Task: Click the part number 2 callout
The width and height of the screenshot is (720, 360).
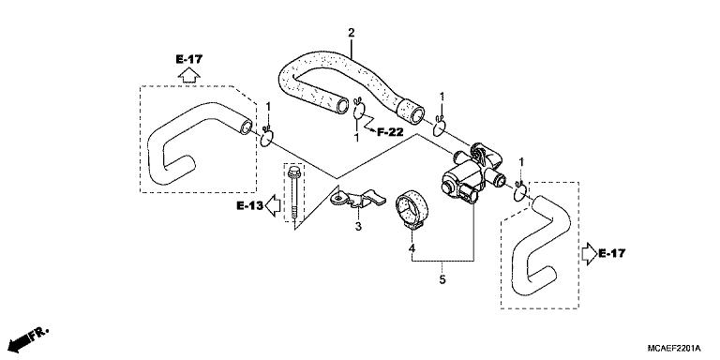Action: click(x=352, y=34)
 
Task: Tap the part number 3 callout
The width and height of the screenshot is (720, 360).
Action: click(x=357, y=226)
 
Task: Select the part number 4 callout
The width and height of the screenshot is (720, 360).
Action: click(x=412, y=247)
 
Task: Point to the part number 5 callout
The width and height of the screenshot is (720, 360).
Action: click(x=442, y=278)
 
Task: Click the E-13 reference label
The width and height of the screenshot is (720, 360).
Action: click(x=249, y=204)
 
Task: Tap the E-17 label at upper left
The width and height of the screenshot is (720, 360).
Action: click(x=188, y=59)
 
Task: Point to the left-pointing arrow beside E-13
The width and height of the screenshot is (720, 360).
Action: click(x=272, y=204)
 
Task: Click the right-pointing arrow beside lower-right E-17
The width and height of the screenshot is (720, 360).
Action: click(x=587, y=252)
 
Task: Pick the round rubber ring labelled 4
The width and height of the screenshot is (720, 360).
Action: click(x=412, y=209)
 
